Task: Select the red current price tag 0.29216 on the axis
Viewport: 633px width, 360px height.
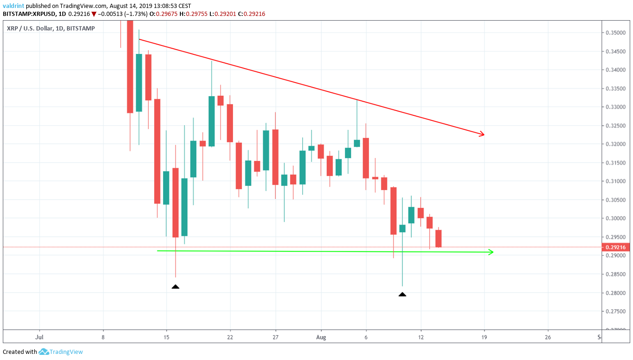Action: point(615,247)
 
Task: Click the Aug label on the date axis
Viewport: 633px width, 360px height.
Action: point(321,337)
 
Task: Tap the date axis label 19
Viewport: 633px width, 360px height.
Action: point(484,337)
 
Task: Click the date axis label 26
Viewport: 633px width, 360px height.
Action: point(548,337)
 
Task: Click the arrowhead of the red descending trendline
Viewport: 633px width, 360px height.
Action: point(482,135)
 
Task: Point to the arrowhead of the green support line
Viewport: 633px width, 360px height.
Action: point(491,252)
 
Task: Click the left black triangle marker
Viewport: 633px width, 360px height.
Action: point(175,286)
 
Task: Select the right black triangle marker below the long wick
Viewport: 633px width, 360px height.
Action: point(402,294)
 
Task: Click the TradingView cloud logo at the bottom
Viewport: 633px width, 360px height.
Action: point(44,352)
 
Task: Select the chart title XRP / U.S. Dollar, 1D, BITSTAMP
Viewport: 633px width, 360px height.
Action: point(51,29)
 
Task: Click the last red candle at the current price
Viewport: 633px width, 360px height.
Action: point(439,238)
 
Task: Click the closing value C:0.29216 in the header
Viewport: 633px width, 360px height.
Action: point(251,14)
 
